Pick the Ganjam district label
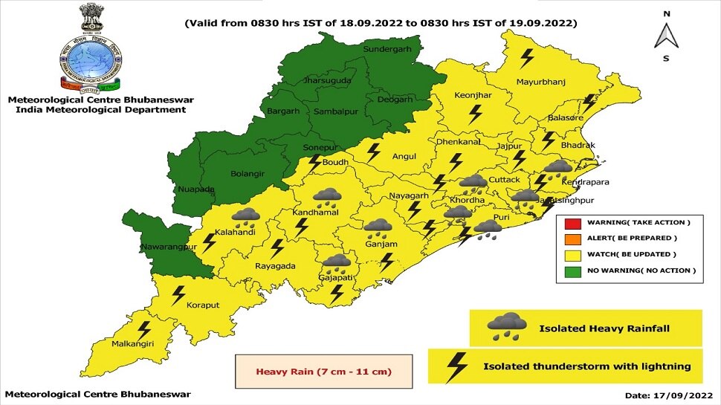click(x=381, y=244)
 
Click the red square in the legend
click(x=572, y=222)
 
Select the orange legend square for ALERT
click(x=572, y=239)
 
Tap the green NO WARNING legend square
click(x=572, y=271)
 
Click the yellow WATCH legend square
click(x=572, y=255)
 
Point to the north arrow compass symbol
click(x=667, y=34)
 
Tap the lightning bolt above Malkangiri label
click(x=144, y=329)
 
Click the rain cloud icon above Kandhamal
click(x=327, y=198)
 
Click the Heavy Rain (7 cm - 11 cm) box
click(x=323, y=371)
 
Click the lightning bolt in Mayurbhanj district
click(x=527, y=57)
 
